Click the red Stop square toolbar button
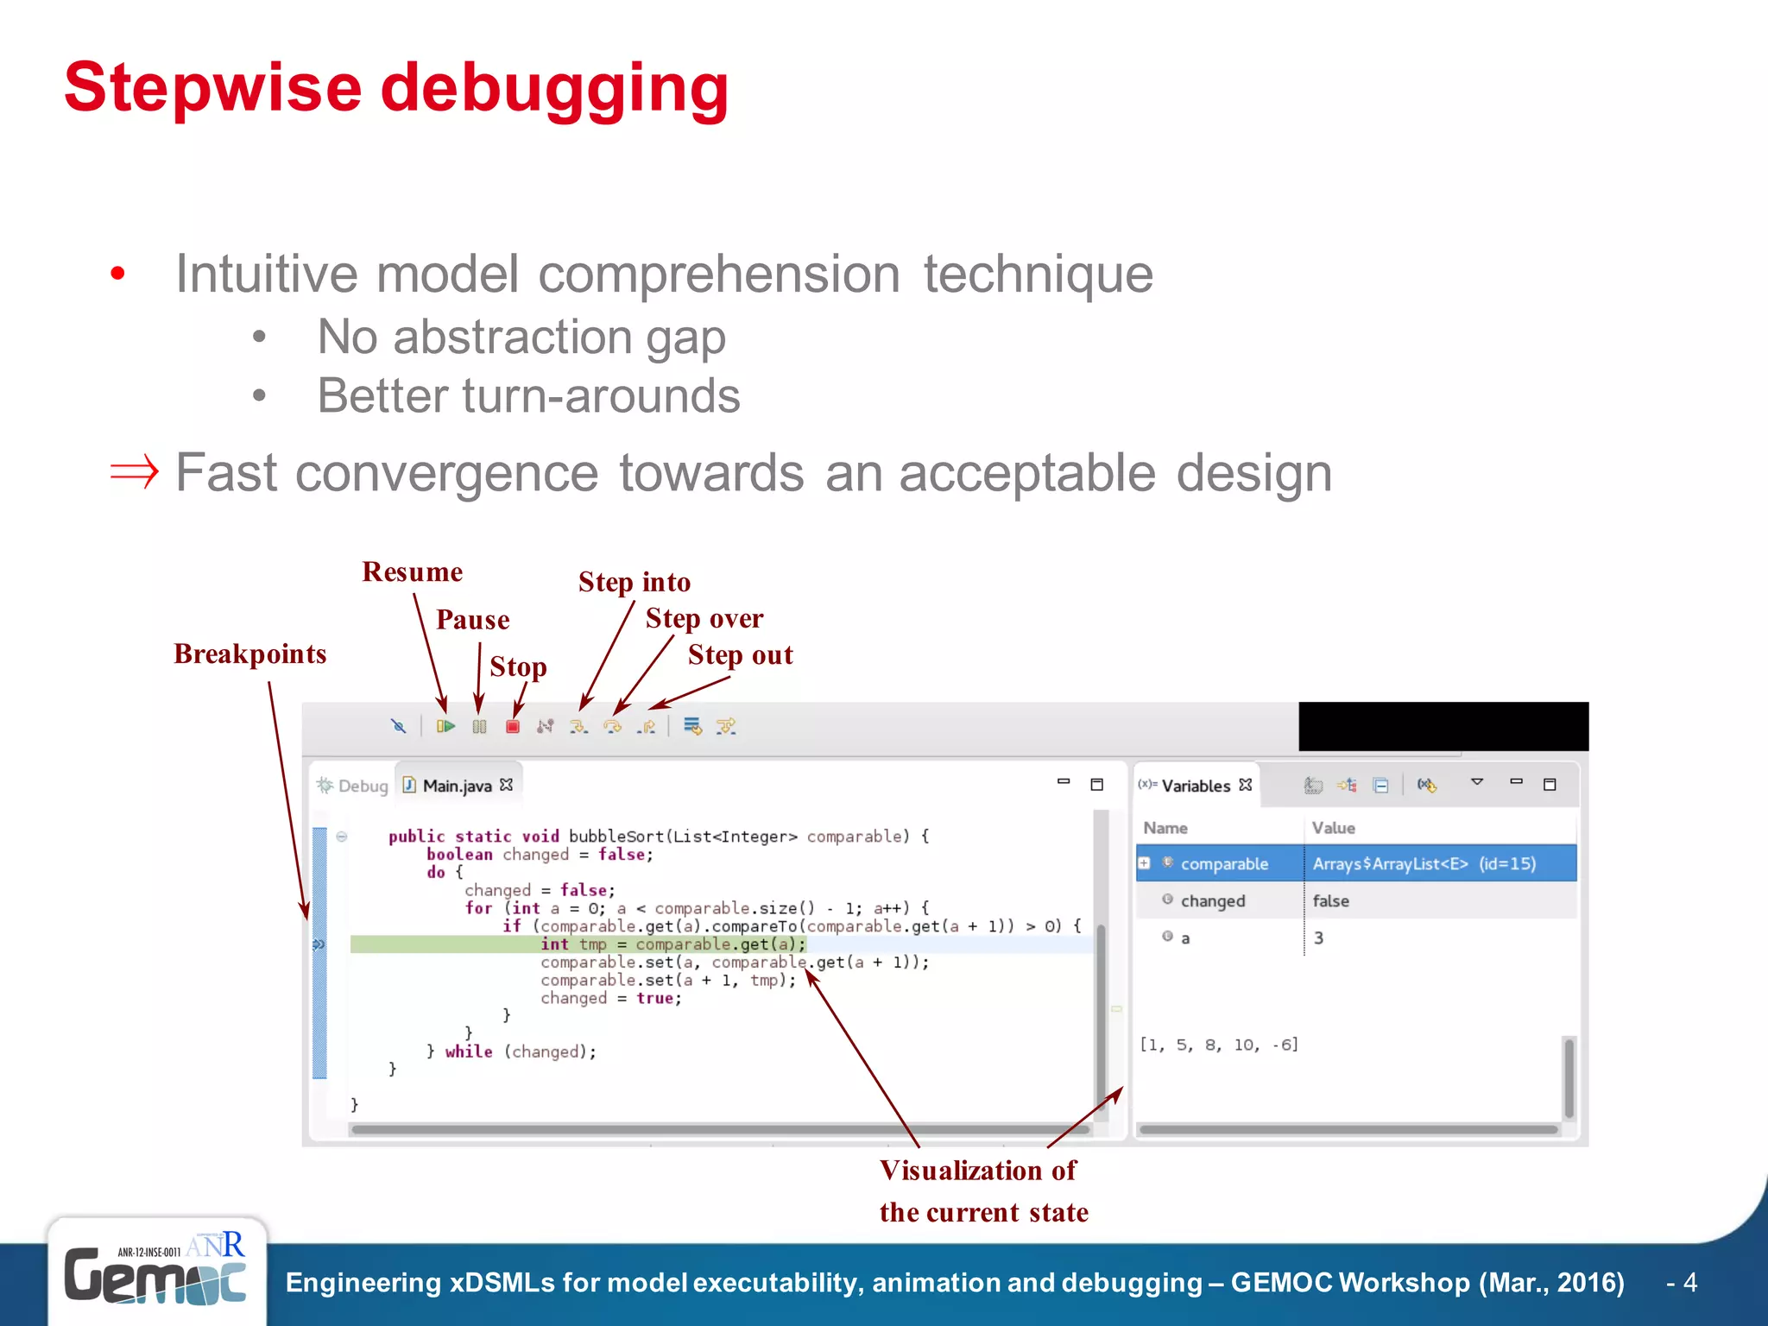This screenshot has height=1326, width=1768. coord(513,727)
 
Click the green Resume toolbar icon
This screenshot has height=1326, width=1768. coord(445,727)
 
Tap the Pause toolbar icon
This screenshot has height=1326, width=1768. coord(480,727)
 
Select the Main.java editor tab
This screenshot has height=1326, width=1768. coord(458,786)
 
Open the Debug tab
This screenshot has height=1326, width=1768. coord(353,786)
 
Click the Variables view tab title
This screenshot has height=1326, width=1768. coord(1195,786)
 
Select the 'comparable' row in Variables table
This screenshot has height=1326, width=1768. coord(1224,863)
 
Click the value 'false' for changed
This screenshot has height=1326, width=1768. coord(1330,900)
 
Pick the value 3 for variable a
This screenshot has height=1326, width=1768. coord(1318,938)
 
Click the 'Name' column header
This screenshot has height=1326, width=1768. coord(1165,828)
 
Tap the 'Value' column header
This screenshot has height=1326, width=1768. coord(1333,828)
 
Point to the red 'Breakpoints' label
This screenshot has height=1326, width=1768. coord(250,654)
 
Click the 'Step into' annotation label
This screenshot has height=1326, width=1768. coord(635,583)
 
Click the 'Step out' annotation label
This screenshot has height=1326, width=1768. coord(740,655)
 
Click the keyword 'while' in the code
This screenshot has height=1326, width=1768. coord(468,1051)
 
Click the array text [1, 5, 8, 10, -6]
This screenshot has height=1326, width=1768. coord(1219,1045)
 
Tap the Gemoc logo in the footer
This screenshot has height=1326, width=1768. coord(155,1273)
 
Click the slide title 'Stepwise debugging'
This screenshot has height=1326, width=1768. coord(396,88)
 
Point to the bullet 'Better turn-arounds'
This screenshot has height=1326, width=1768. coord(528,396)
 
